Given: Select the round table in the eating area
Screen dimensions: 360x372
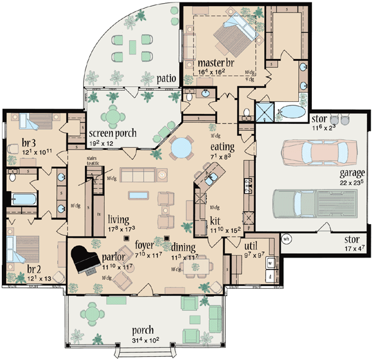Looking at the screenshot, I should (x=182, y=148).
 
